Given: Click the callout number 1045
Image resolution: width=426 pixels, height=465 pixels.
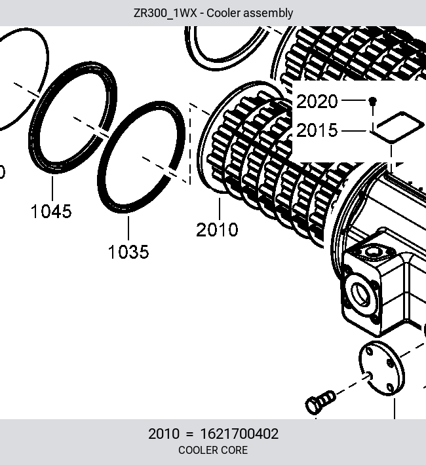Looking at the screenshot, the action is tap(51, 211).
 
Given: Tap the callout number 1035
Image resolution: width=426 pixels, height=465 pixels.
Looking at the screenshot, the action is tap(128, 251).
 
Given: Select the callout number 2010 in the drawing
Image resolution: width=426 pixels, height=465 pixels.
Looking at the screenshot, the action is tap(217, 229).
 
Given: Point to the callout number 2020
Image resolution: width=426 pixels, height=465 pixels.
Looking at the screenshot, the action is tap(317, 102).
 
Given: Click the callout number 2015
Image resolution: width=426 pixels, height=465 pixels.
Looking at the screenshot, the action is tap(317, 130).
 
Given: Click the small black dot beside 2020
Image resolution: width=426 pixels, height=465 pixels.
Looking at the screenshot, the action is tap(372, 101).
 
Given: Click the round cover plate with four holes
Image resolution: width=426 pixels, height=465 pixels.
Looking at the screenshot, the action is tap(381, 368).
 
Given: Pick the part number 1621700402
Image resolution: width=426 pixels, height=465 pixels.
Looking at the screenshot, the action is tap(239, 434).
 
